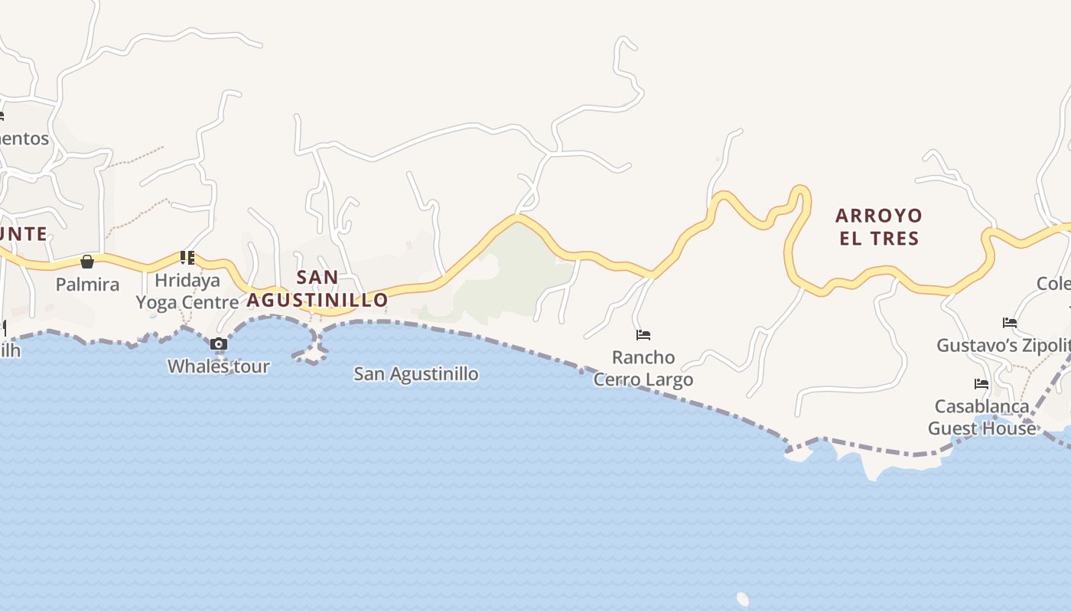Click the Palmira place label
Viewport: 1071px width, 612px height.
coord(87,285)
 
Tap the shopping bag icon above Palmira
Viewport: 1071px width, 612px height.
coord(87,262)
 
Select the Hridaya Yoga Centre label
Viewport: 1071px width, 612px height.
coord(187,291)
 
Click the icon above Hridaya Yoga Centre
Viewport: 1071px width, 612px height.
coord(187,257)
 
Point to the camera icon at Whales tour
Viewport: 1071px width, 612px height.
coord(219,344)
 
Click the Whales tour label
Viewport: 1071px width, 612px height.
coord(219,366)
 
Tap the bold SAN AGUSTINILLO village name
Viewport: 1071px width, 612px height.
coord(317,288)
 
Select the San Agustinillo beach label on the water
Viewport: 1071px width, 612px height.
coord(416,374)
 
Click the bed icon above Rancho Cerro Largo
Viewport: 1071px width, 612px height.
coord(643,335)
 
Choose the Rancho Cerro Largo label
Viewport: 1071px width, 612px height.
coord(643,368)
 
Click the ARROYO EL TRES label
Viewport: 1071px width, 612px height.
coord(879,226)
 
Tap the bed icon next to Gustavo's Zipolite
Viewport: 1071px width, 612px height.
coord(1010,323)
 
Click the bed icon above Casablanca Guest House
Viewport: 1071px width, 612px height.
coord(981,384)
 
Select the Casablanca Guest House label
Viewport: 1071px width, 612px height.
coord(982,417)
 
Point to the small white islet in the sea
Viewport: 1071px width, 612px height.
coord(742,598)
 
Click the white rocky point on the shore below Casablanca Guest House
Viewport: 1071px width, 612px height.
coord(871,467)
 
